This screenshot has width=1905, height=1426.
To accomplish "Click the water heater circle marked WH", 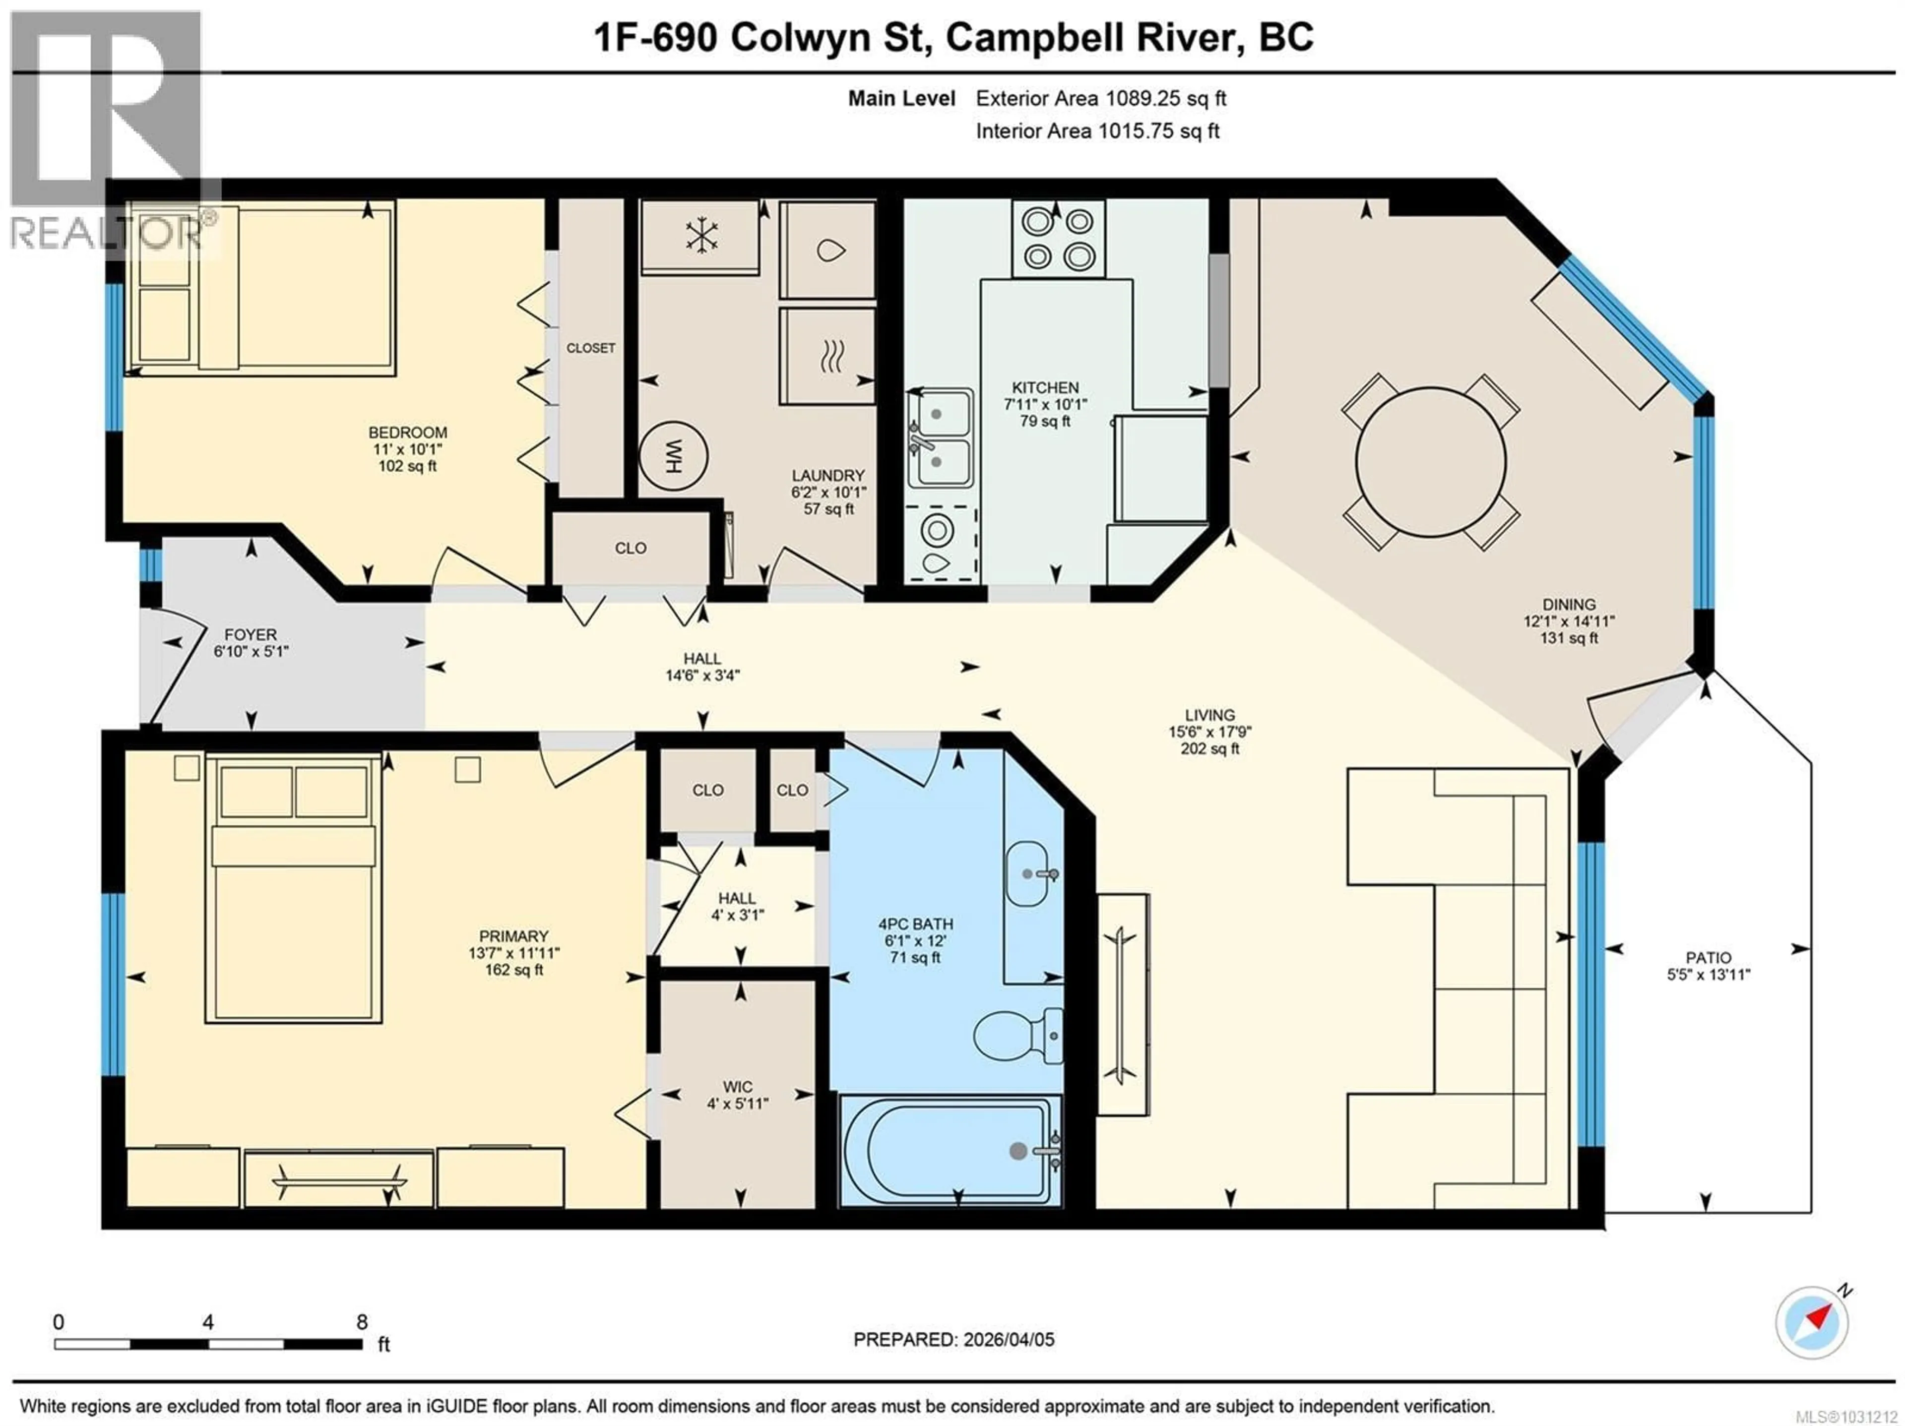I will click(x=673, y=455).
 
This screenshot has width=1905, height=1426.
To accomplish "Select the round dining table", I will click(x=1430, y=462).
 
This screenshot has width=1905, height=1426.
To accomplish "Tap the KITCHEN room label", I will click(x=1045, y=387).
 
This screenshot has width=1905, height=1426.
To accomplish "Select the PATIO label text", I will click(x=1709, y=958).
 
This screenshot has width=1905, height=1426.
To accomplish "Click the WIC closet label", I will click(x=737, y=1087).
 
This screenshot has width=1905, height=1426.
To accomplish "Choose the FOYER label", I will click(x=251, y=635).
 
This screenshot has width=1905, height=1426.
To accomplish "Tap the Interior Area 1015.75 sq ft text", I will click(x=1097, y=131).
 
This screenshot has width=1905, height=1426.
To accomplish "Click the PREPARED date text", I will click(x=953, y=1340).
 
